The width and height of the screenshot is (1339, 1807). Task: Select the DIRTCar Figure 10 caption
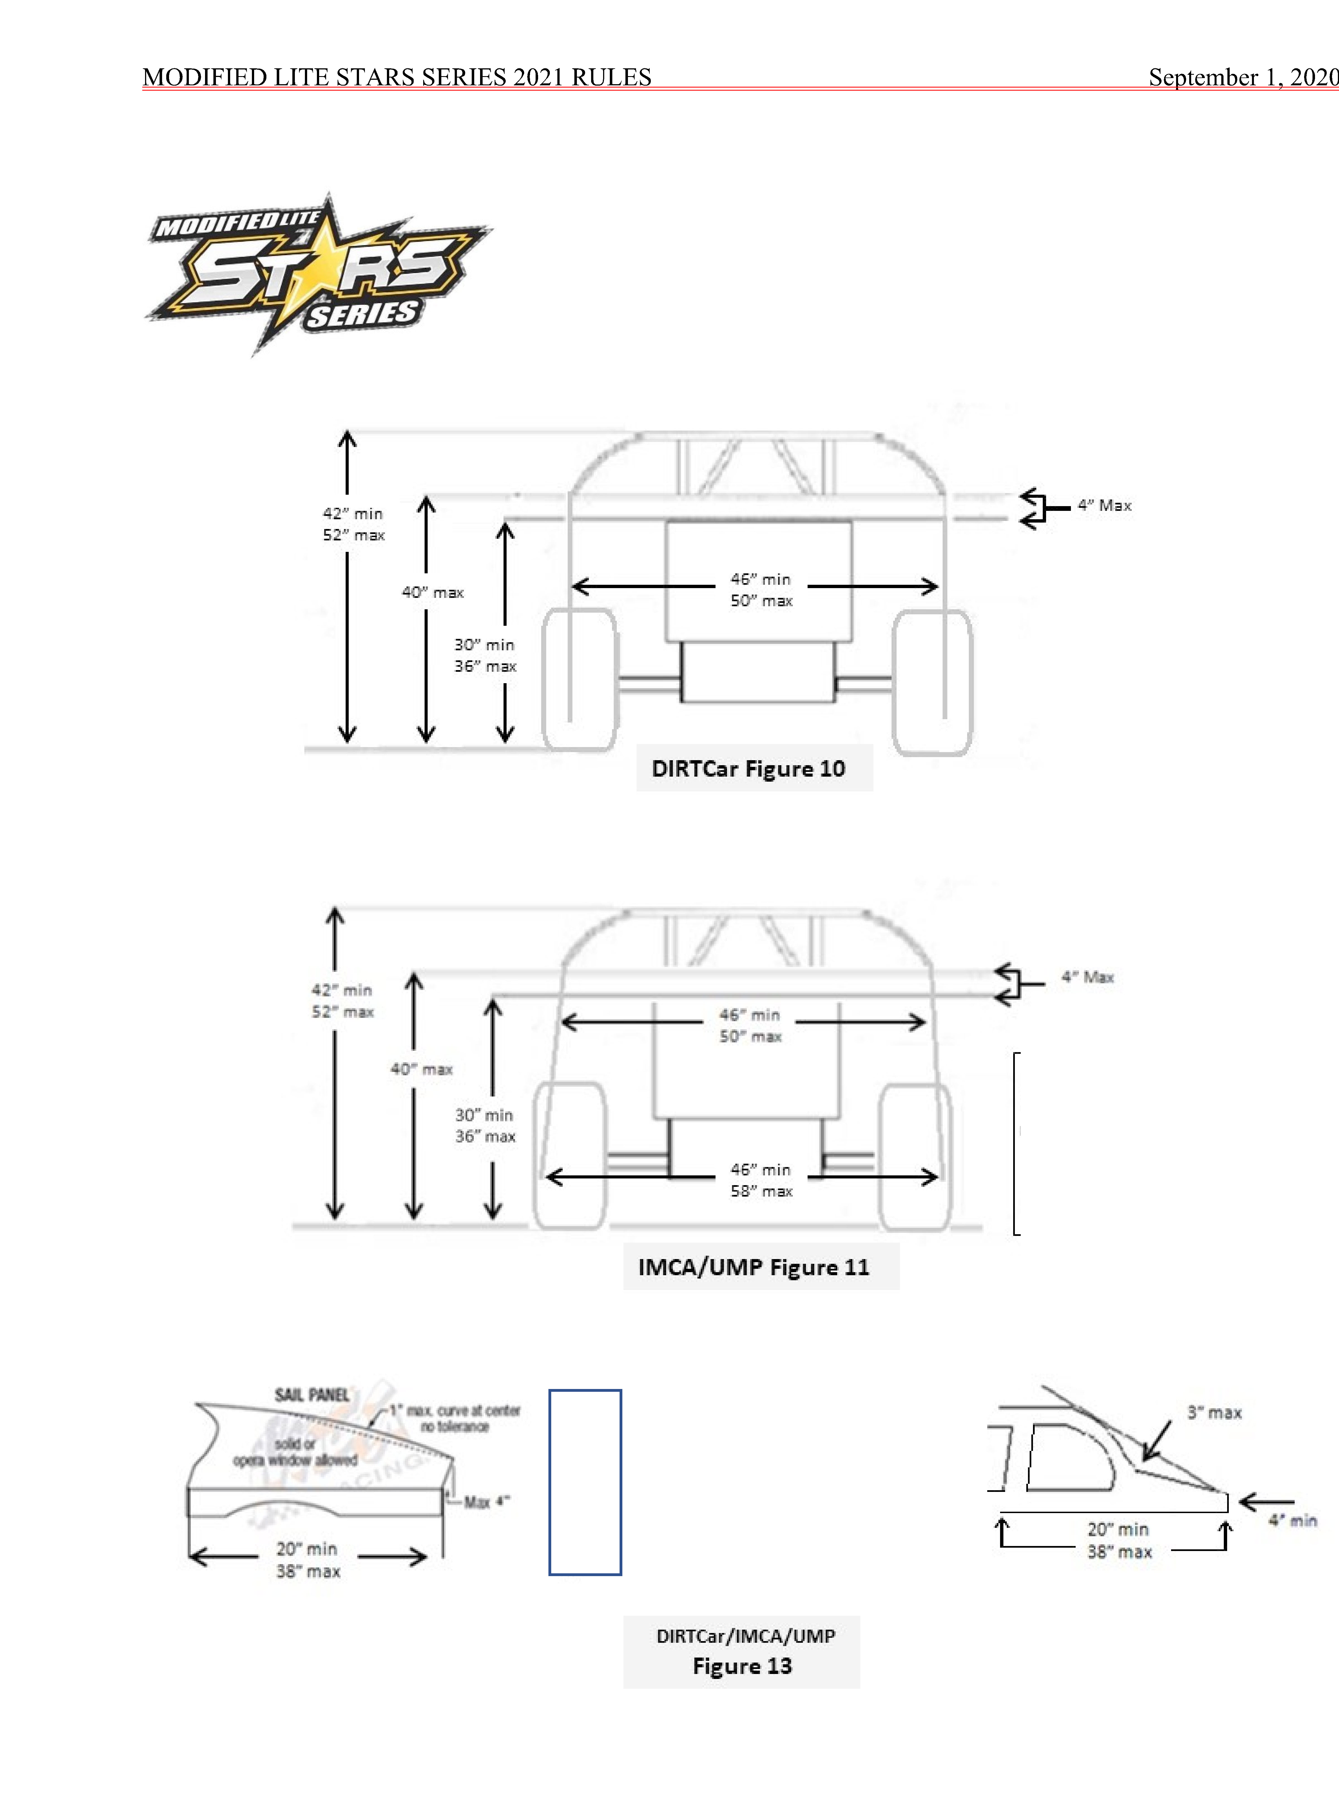point(748,768)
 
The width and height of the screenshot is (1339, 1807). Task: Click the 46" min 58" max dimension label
point(761,1180)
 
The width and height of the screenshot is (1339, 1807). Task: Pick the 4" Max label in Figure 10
point(1104,506)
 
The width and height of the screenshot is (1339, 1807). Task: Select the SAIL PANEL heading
point(312,1395)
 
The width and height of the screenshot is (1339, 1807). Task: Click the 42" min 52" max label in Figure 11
point(342,1001)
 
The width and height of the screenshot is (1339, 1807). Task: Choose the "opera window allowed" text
point(295,1460)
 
